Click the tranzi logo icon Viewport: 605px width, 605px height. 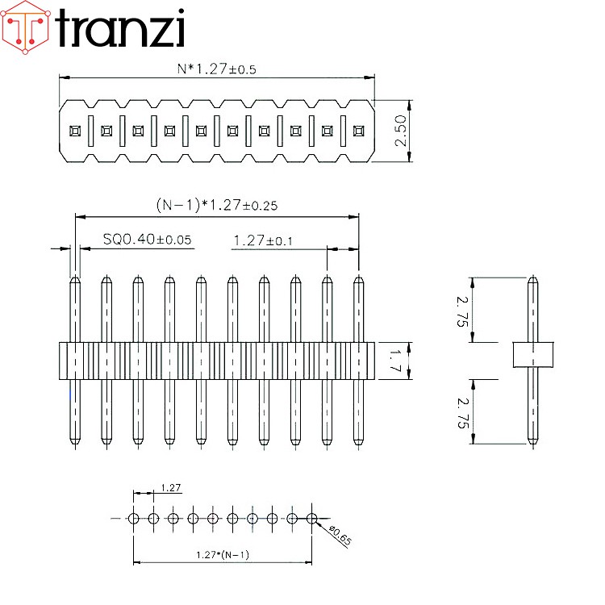coord(25,27)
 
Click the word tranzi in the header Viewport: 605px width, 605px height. coord(121,28)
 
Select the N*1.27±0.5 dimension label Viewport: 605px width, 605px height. coord(216,69)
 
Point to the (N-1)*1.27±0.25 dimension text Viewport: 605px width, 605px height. coord(216,205)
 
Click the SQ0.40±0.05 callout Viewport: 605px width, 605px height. coord(148,240)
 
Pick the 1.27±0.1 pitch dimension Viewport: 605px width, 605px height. coord(263,240)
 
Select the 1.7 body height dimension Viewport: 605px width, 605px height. coord(395,361)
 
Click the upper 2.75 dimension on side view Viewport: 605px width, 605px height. coord(462,310)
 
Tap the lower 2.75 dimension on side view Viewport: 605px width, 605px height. coord(462,411)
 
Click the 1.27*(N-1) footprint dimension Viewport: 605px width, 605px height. coord(223,555)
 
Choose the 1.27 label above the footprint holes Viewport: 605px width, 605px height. coord(171,487)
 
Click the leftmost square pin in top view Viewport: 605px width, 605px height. coord(74,130)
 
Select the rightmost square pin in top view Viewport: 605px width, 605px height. coord(358,130)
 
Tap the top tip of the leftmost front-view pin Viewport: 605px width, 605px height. coord(74,280)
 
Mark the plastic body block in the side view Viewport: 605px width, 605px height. coord(532,354)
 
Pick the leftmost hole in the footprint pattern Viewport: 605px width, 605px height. coord(134,518)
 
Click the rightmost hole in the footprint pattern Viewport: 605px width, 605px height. coord(311,518)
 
